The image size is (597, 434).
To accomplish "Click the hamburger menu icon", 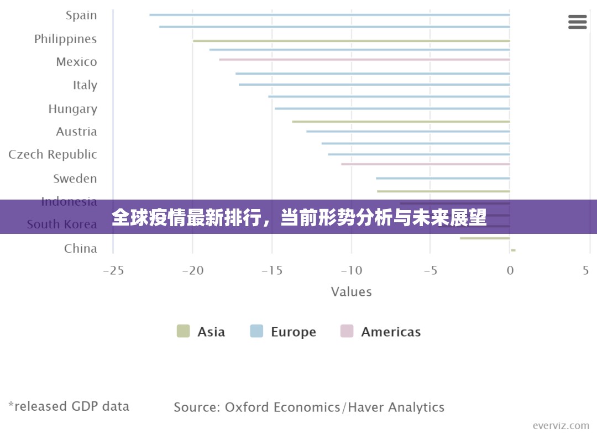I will click(x=577, y=22).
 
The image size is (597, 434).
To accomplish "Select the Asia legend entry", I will click(x=201, y=332).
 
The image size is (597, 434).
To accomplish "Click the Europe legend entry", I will click(x=283, y=332).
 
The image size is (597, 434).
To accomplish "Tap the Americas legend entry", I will click(x=380, y=332).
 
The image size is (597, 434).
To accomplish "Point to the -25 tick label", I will click(x=113, y=270).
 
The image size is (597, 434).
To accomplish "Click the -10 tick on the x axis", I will click(x=351, y=270).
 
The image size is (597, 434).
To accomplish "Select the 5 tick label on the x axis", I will click(x=585, y=270).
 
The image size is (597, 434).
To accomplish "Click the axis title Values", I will click(x=351, y=291).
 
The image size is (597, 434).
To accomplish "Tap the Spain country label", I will click(x=81, y=15).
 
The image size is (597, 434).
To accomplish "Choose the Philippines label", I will click(x=65, y=39).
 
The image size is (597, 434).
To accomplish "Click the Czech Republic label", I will click(x=53, y=155).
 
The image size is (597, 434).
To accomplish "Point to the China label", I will click(x=80, y=248).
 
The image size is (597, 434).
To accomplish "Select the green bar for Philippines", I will click(x=351, y=40).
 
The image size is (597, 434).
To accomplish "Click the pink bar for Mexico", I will click(x=364, y=59).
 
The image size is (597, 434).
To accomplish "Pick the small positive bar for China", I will click(x=513, y=250).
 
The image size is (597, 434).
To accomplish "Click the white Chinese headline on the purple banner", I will click(x=298, y=217).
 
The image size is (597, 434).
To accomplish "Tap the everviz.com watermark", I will click(x=561, y=425).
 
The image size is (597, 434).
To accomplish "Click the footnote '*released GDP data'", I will click(x=69, y=406).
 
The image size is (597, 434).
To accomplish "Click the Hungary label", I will click(x=72, y=109).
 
